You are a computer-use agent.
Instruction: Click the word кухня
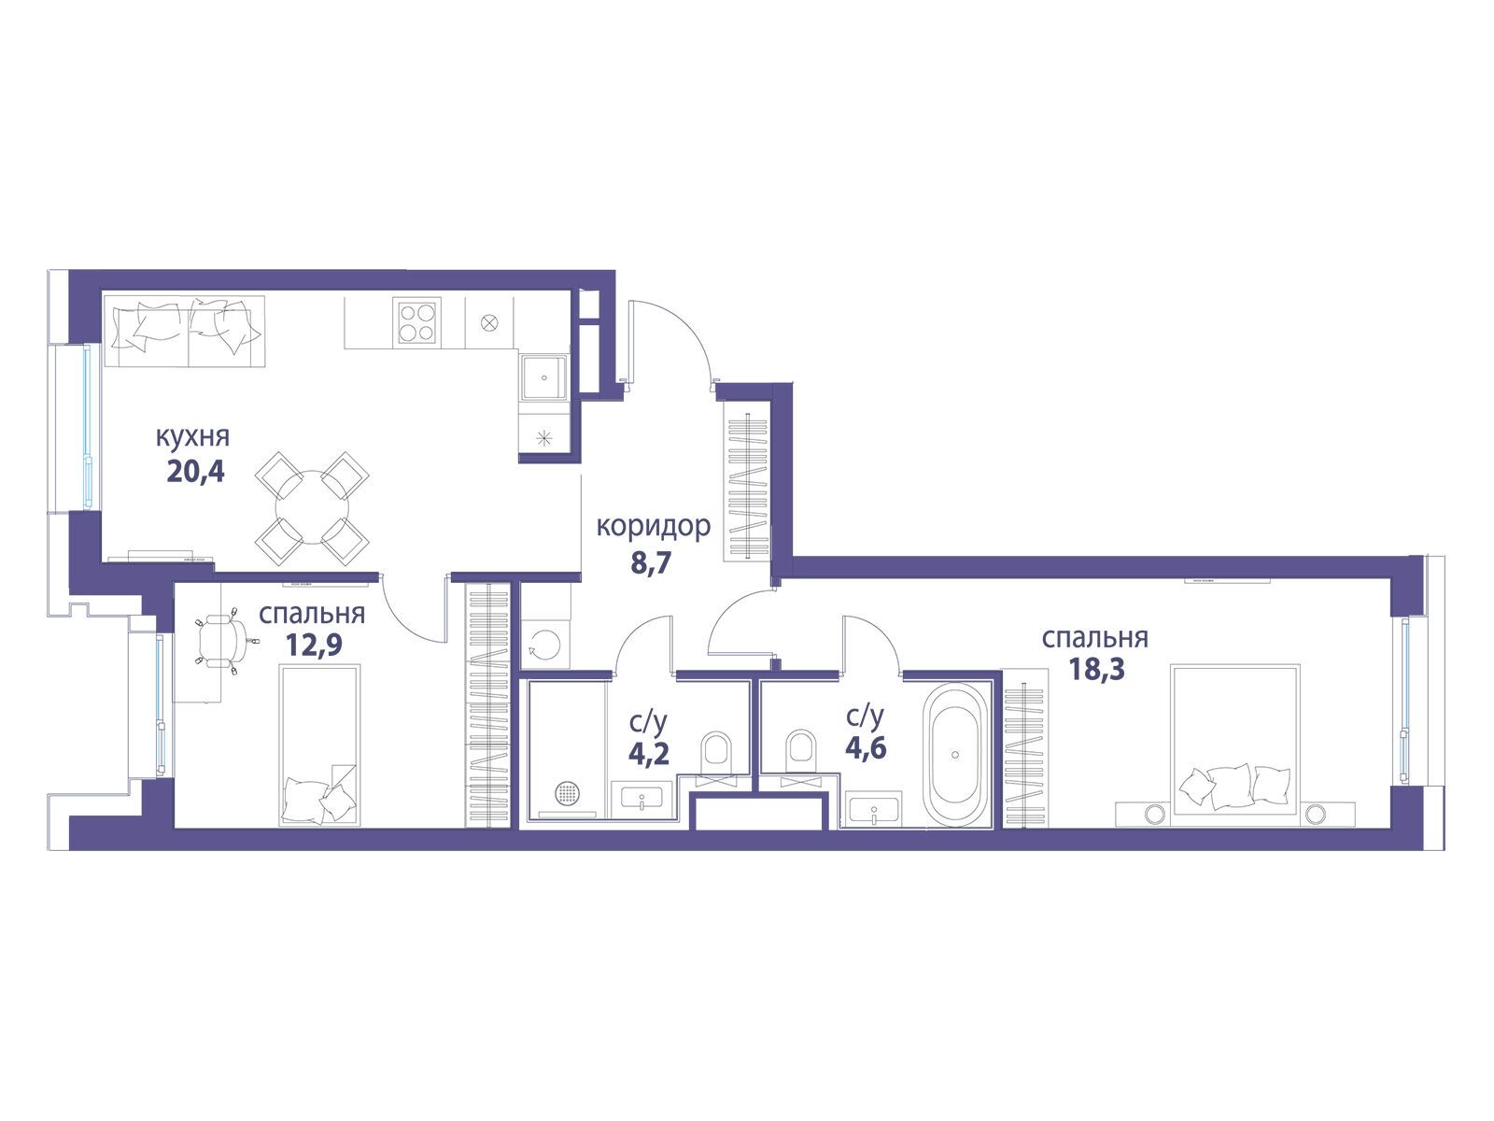tap(193, 437)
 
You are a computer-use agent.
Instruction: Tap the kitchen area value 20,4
tap(195, 472)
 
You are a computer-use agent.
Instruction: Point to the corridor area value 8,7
tap(651, 563)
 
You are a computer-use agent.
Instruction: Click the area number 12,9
tap(314, 644)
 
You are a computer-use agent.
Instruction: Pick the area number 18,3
tap(1096, 668)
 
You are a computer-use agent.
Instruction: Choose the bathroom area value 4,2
tap(649, 754)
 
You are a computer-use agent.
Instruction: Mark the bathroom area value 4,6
tap(866, 748)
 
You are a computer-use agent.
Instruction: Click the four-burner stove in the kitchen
tap(416, 322)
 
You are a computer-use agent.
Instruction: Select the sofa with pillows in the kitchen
tap(185, 332)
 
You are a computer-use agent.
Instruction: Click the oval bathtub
tap(955, 754)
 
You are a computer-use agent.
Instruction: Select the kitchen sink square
tap(543, 377)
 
